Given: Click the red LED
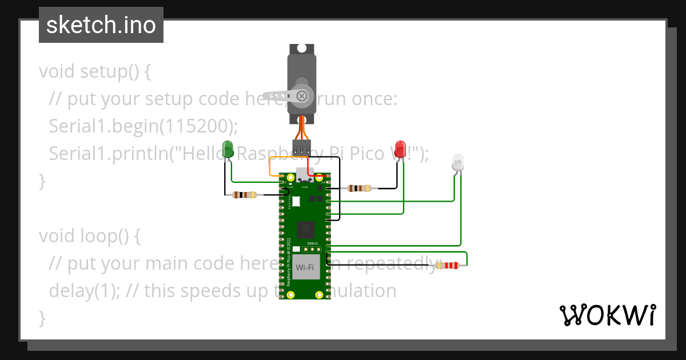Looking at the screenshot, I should tap(400, 149).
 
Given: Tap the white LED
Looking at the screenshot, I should tap(458, 162).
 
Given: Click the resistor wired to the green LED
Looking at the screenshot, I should tap(245, 195).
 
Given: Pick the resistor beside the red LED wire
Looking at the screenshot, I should tap(359, 188).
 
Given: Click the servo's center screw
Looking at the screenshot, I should tap(302, 95).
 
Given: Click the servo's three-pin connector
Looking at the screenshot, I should tap(301, 147).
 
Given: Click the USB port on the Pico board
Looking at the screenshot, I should tap(303, 174).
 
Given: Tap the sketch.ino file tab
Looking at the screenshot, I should tap(101, 25).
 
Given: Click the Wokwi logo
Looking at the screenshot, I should tap(607, 315).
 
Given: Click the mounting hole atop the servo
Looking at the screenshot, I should tap(302, 49).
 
